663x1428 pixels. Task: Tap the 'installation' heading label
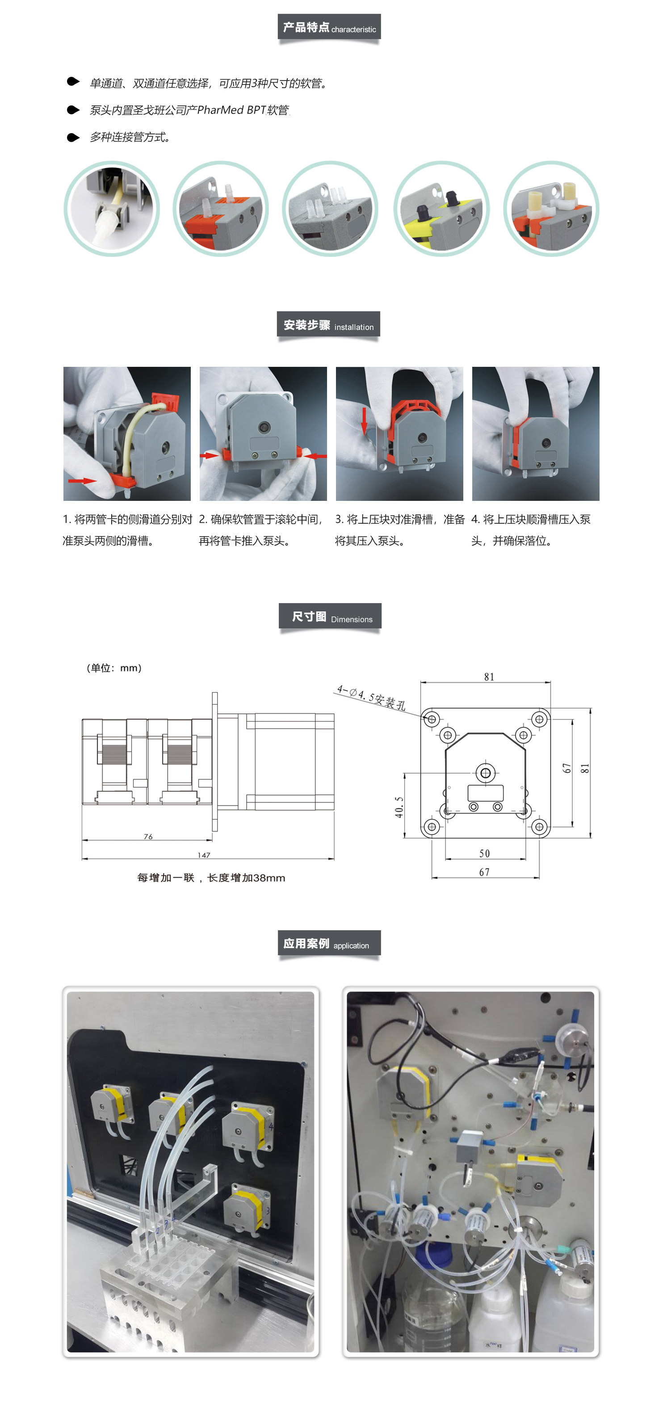click(354, 327)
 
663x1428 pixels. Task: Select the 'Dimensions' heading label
click(352, 619)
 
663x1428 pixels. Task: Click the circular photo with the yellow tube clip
click(441, 209)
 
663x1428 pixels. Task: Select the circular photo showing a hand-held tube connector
click(111, 209)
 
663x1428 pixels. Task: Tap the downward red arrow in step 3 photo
click(364, 421)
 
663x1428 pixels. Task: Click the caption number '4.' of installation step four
click(476, 520)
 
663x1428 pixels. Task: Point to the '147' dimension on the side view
click(204, 855)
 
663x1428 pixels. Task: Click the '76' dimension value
click(148, 836)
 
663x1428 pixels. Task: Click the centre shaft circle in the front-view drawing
click(486, 773)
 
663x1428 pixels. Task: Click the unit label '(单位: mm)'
click(114, 668)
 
